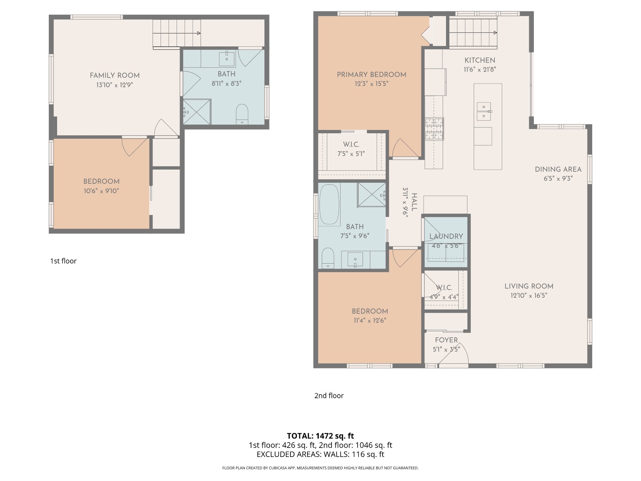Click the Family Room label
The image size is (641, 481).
[115, 75]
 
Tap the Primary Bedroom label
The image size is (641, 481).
[371, 74]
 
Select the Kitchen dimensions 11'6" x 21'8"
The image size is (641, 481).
[480, 69]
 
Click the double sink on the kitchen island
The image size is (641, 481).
[484, 111]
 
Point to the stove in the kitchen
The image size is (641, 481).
[434, 129]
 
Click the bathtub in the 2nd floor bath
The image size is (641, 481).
[329, 204]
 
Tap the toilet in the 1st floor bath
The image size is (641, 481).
[242, 114]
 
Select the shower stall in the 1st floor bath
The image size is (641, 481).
[197, 112]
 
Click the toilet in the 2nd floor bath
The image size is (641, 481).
[328, 258]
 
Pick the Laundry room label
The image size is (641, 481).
[446, 236]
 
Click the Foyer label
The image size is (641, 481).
[446, 340]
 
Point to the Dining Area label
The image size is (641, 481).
[558, 169]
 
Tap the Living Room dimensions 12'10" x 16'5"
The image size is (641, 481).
[529, 296]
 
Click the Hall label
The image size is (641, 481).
[414, 202]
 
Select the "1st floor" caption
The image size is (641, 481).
[63, 261]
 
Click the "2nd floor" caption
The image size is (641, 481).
[329, 395]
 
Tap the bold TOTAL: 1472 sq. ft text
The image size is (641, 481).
[320, 436]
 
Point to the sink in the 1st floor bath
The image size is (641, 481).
[227, 59]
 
